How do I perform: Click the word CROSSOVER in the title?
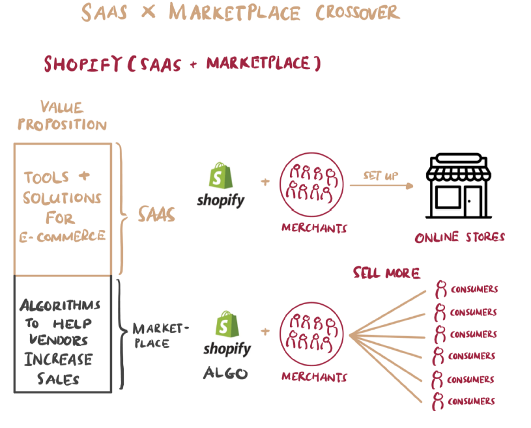(358, 12)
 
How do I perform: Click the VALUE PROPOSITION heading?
(63, 115)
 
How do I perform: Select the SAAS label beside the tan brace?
(156, 214)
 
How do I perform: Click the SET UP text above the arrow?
(380, 176)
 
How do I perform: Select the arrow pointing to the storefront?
(382, 186)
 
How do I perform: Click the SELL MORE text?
(386, 272)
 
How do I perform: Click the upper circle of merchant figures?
(313, 186)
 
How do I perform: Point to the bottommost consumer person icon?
(440, 401)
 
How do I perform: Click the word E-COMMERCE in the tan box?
(61, 236)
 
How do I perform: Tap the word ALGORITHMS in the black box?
(60, 305)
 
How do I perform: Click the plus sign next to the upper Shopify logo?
(265, 182)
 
